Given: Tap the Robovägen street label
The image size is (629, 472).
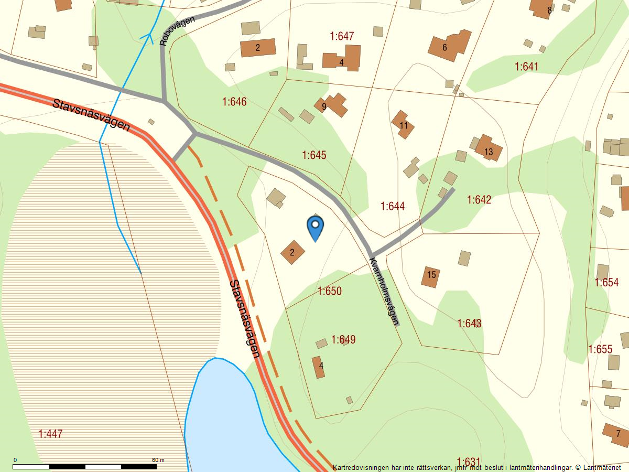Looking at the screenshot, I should [178, 31].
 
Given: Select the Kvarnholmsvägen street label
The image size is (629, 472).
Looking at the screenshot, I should [384, 291].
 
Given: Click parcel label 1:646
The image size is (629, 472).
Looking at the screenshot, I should [234, 102].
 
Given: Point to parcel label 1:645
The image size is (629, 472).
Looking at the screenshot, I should [314, 155].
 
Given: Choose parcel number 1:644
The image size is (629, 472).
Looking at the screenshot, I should [393, 207].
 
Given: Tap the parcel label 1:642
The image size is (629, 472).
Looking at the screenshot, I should [479, 200].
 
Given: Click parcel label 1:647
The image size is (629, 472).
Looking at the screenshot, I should [342, 36].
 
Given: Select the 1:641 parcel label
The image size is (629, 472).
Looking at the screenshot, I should [526, 67].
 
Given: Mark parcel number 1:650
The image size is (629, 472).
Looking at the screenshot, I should [329, 291].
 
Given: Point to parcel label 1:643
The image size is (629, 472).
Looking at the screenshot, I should [469, 323].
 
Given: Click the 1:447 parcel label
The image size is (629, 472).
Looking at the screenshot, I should [50, 434].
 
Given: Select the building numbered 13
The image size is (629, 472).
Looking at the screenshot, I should [489, 149].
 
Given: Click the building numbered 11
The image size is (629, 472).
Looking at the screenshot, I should [403, 125].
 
